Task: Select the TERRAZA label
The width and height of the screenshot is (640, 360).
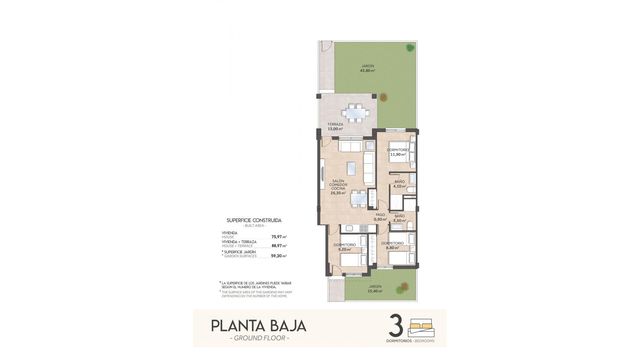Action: coord(335,124)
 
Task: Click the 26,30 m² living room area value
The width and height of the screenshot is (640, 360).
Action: coord(338,193)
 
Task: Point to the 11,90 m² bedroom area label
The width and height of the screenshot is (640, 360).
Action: coord(398,154)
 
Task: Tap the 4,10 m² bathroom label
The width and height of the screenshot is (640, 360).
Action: coord(400,186)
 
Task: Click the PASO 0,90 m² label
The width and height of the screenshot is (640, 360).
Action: coord(380,217)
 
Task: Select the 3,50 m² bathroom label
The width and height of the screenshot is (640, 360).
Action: coord(400,221)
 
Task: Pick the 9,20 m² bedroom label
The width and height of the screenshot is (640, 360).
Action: coord(344,249)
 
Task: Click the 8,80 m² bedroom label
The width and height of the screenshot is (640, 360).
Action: coord(392,248)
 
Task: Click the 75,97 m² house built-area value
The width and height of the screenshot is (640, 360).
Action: coord(279,237)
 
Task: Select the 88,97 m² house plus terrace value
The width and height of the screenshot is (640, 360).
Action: coord(279,246)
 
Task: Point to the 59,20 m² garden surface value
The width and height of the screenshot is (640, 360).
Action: coord(279,256)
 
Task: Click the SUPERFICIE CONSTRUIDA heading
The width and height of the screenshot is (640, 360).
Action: coord(254,220)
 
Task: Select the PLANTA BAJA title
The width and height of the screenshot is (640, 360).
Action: coord(259,326)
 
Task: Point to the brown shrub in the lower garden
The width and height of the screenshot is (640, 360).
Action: coord(405,286)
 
